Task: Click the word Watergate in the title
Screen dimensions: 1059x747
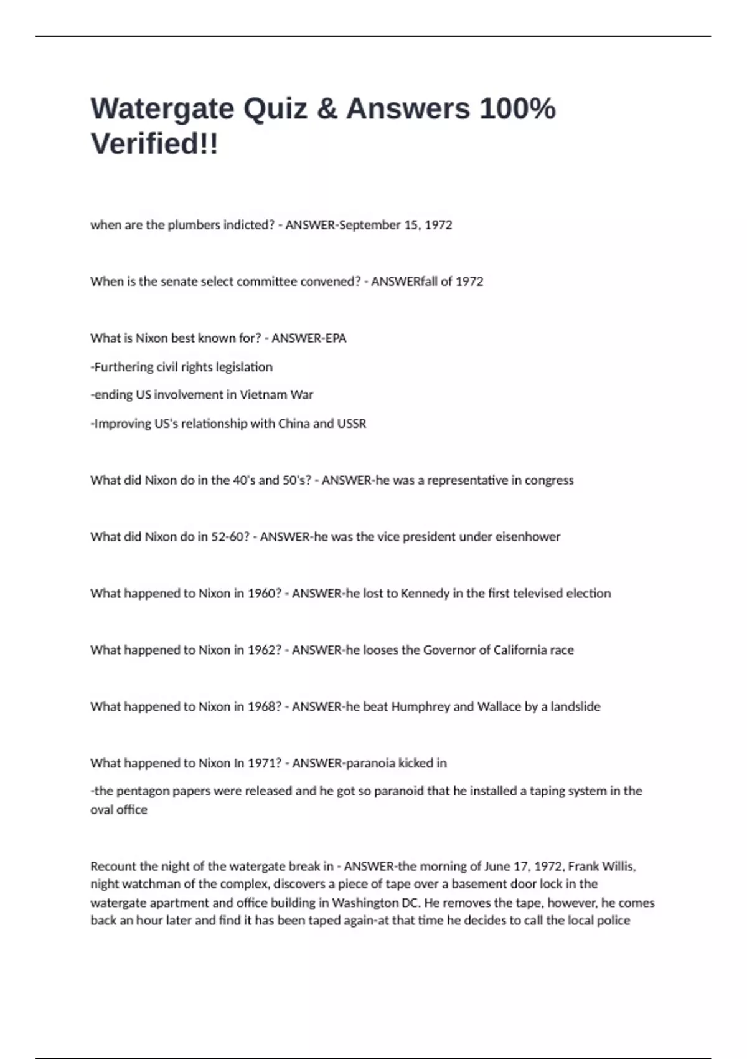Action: coord(162,109)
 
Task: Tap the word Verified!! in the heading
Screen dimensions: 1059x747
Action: coord(154,144)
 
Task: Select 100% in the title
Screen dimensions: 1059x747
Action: coord(517,109)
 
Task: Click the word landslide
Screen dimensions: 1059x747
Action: coord(575,707)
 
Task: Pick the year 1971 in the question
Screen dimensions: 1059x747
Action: coord(261,763)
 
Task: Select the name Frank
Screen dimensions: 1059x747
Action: coord(583,867)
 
